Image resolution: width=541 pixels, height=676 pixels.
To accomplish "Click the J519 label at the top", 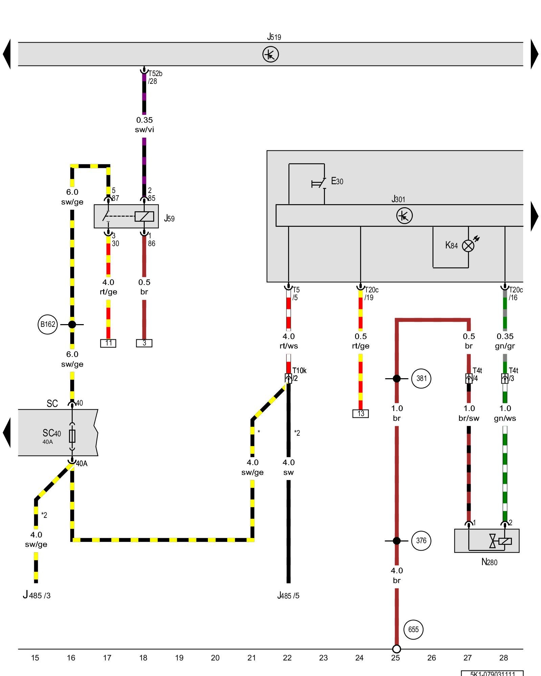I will pyautogui.click(x=274, y=37).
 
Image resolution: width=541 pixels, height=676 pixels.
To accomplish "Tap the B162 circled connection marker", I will pyautogui.click(x=48, y=324).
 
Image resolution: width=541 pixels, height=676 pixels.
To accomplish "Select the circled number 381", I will pyautogui.click(x=421, y=378).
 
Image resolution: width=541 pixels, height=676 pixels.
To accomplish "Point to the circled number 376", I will pyautogui.click(x=421, y=540).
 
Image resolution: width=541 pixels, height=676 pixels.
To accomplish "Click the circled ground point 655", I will pyautogui.click(x=413, y=629).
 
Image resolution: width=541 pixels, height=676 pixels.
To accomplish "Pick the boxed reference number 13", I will pyautogui.click(x=360, y=413).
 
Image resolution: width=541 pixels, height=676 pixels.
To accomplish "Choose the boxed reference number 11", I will pyautogui.click(x=108, y=343).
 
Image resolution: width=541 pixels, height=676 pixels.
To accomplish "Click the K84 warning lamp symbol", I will pyautogui.click(x=468, y=246).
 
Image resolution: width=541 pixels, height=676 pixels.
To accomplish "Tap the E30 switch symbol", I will pyautogui.click(x=319, y=183).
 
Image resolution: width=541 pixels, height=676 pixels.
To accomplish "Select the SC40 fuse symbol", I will pyautogui.click(x=72, y=436).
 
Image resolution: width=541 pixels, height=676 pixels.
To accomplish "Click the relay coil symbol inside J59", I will pyautogui.click(x=144, y=216).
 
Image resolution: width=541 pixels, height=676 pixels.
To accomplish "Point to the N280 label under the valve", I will pyautogui.click(x=489, y=562).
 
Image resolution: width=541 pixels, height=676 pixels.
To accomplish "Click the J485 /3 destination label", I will pyautogui.click(x=37, y=595).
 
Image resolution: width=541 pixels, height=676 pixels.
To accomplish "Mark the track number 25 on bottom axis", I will pyautogui.click(x=396, y=658).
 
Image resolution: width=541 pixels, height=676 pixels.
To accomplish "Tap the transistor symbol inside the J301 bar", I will pyautogui.click(x=404, y=216).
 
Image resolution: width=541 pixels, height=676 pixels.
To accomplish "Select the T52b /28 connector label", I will pyautogui.click(x=155, y=77).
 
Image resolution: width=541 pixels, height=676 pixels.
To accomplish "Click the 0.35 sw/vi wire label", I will pyautogui.click(x=144, y=125).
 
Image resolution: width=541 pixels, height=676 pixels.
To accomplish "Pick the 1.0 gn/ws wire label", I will pyautogui.click(x=505, y=413).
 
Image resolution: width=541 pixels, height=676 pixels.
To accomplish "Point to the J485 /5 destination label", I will pyautogui.click(x=288, y=595).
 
